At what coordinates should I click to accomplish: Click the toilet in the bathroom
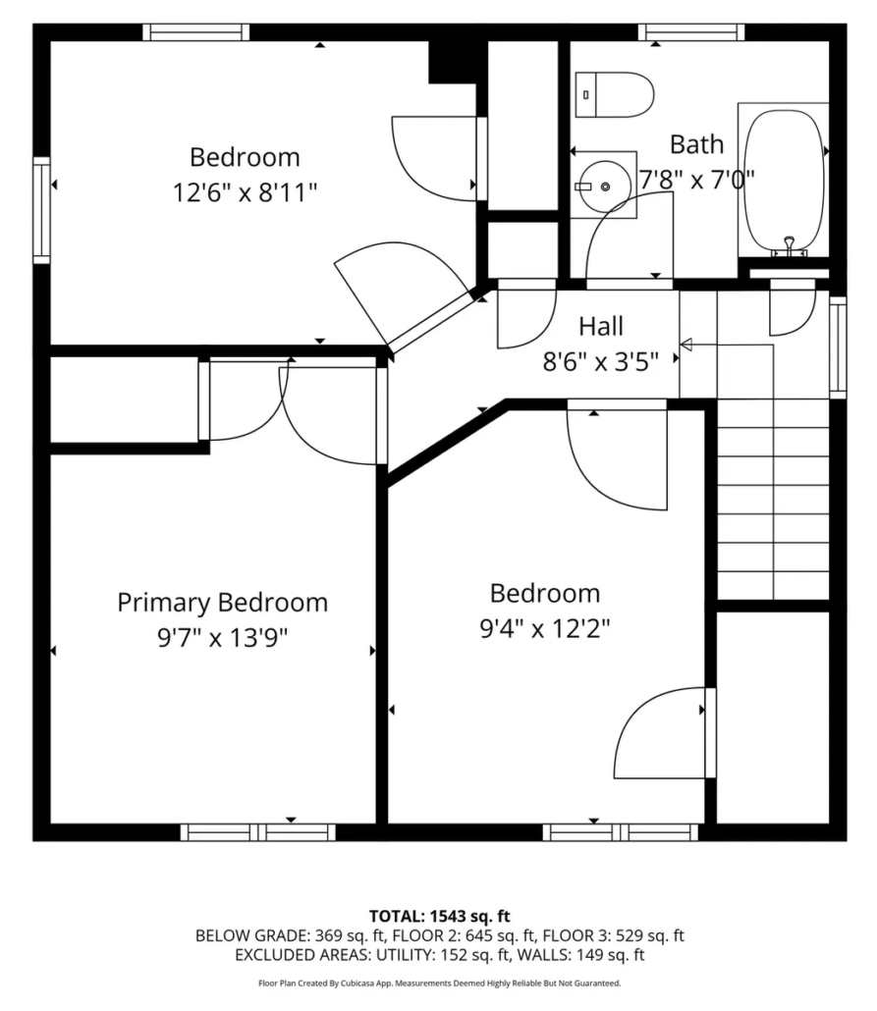pyautogui.click(x=615, y=95)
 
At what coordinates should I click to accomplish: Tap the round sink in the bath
pyautogui.click(x=604, y=186)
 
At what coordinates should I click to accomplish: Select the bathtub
pyautogui.click(x=784, y=181)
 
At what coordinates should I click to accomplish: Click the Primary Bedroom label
pyautogui.click(x=223, y=603)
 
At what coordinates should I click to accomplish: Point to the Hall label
pyautogui.click(x=601, y=326)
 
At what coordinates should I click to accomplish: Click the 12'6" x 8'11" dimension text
pyautogui.click(x=245, y=192)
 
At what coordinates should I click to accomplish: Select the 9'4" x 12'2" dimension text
pyautogui.click(x=545, y=627)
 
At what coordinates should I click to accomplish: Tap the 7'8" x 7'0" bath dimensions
pyautogui.click(x=697, y=179)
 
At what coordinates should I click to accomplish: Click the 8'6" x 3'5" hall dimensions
pyautogui.click(x=601, y=362)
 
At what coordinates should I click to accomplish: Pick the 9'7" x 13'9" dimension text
pyautogui.click(x=223, y=638)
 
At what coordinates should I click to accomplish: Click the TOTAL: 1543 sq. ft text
pyautogui.click(x=439, y=916)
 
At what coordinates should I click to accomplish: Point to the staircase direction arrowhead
pyautogui.click(x=685, y=345)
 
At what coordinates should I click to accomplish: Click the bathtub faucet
pyautogui.click(x=789, y=245)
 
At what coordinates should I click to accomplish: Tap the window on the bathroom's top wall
pyautogui.click(x=691, y=31)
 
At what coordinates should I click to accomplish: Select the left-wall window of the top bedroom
pyautogui.click(x=42, y=210)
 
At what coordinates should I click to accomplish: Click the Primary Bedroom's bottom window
pyautogui.click(x=258, y=832)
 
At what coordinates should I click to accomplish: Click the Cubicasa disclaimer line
pyautogui.click(x=439, y=984)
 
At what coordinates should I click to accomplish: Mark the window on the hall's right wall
pyautogui.click(x=838, y=346)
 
